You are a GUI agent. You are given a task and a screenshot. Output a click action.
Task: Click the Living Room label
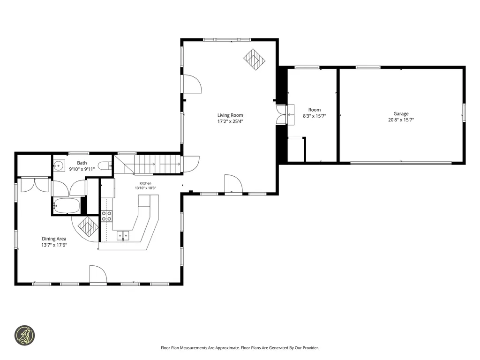coord(230,115)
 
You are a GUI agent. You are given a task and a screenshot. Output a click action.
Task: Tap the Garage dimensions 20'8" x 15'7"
coord(401,120)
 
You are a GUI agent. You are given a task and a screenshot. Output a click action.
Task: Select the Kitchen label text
coord(145,183)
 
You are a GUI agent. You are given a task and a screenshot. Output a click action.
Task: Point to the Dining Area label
coord(54,239)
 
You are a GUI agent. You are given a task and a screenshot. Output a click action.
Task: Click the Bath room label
coord(82,163)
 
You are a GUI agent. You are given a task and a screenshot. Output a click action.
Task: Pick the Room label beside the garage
coord(315,110)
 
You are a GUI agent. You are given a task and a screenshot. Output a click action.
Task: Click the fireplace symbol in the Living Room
coord(255,60)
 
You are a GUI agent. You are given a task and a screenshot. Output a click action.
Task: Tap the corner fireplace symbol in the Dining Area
coord(88,227)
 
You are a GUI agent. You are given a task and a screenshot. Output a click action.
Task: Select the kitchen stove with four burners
coord(106,216)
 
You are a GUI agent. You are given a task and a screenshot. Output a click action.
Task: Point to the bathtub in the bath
coord(67,206)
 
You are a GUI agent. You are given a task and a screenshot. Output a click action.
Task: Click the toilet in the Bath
coord(106,165)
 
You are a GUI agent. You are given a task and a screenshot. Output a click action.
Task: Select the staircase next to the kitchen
coord(147,165)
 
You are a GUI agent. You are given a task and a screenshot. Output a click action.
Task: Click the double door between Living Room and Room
coord(281,115)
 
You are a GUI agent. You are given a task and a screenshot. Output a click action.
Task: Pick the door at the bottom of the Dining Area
coord(98,275)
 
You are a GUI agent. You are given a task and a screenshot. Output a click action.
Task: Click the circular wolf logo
coord(24,336)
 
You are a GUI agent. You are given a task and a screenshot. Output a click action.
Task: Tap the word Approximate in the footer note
coord(227,348)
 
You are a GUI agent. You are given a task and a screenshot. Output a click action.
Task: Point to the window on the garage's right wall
coord(464,112)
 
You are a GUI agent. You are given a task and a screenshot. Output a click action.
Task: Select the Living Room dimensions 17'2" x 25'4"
coord(230,121)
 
